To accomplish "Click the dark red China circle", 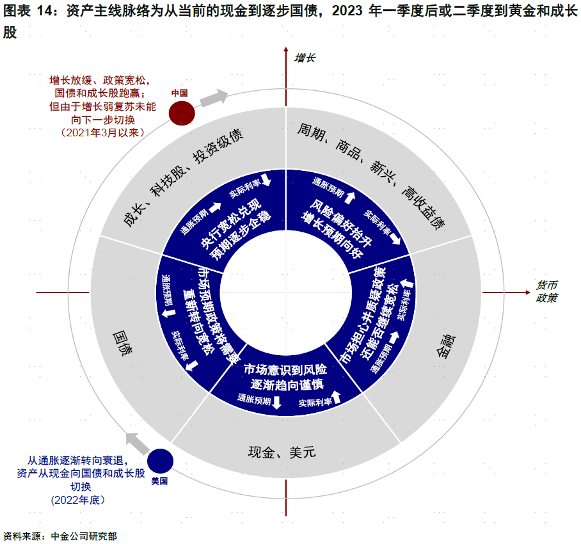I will pos(181,113).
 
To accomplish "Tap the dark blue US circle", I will pos(161,461).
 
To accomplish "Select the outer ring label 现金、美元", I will pos(282,452).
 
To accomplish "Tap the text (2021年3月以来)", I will pos(102,132).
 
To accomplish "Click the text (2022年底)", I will pos(77,499).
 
